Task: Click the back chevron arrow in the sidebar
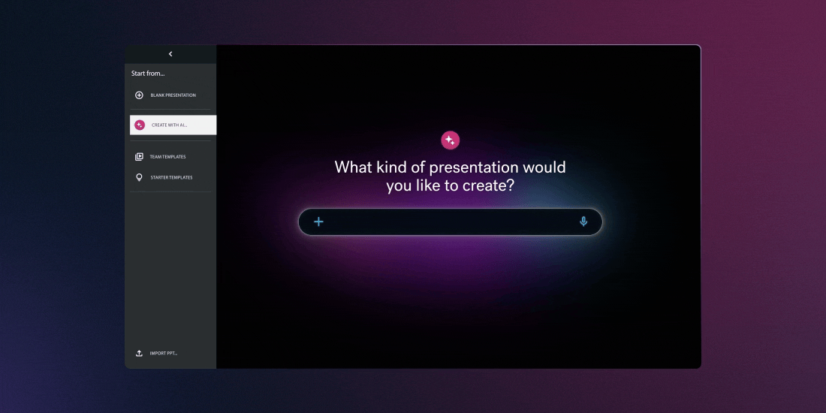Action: click(x=170, y=54)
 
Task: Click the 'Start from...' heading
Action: click(x=148, y=74)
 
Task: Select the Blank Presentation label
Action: click(x=173, y=95)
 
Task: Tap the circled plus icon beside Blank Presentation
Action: click(x=139, y=95)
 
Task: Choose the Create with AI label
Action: click(x=170, y=125)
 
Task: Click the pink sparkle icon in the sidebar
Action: click(x=140, y=125)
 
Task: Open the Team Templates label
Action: click(x=167, y=157)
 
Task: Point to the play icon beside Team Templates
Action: click(x=139, y=157)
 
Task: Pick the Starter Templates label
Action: click(x=171, y=178)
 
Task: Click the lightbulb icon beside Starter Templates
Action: click(x=139, y=178)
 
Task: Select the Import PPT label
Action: click(x=164, y=353)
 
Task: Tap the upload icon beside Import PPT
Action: click(x=139, y=353)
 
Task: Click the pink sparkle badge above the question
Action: click(x=450, y=140)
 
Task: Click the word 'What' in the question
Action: click(x=353, y=167)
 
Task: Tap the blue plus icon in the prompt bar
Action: click(x=318, y=222)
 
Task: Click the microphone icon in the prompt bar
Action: click(x=583, y=222)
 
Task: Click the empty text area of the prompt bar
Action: click(x=451, y=222)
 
